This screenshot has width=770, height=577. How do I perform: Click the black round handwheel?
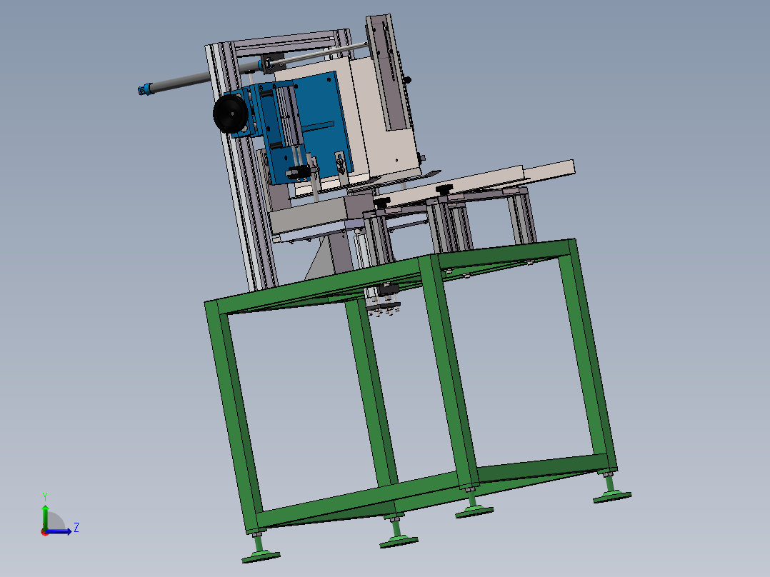(x=230, y=114)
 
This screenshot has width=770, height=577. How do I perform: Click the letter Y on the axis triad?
(x=45, y=496)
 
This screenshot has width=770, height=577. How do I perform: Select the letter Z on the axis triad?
(x=76, y=528)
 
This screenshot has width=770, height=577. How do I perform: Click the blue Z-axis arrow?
(x=59, y=531)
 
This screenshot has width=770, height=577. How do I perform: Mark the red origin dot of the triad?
(x=45, y=532)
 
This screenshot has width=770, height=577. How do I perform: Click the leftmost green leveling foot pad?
(x=261, y=557)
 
